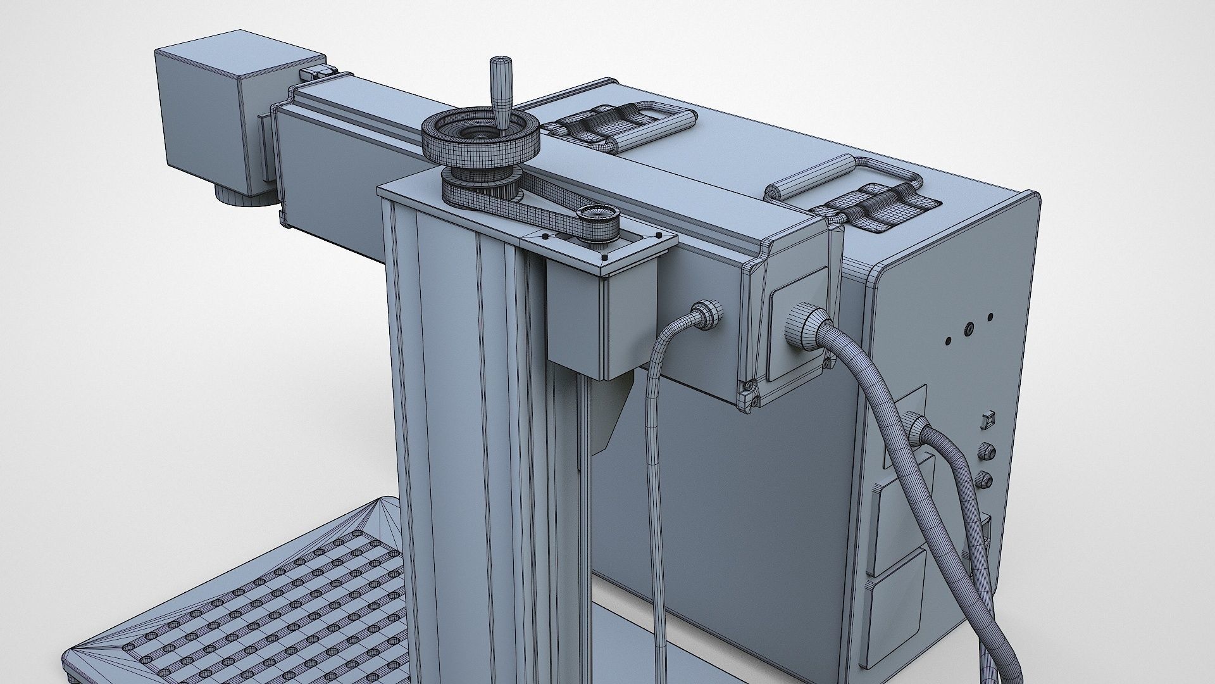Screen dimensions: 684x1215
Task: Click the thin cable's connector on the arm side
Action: (706, 315)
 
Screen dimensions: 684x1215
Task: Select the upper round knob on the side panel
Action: (988, 452)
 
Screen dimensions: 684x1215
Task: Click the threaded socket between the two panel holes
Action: (968, 328)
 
